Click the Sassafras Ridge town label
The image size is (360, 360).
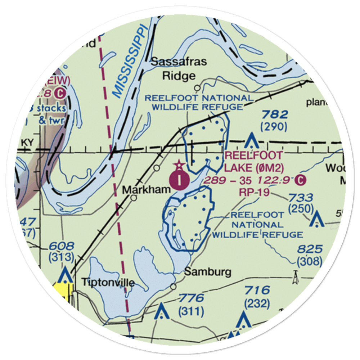point(179,68)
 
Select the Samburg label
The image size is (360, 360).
point(208,272)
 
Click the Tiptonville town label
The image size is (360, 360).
point(108,282)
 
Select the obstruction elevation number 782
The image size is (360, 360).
point(274,115)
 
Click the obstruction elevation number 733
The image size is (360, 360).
point(300,197)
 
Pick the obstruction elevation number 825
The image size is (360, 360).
point(310,249)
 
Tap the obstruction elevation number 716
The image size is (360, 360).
point(257,290)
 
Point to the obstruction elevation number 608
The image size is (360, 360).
point(62,246)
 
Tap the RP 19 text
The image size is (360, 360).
point(254,192)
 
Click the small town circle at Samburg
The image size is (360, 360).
point(174,287)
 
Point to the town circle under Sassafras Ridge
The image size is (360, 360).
point(197,88)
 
